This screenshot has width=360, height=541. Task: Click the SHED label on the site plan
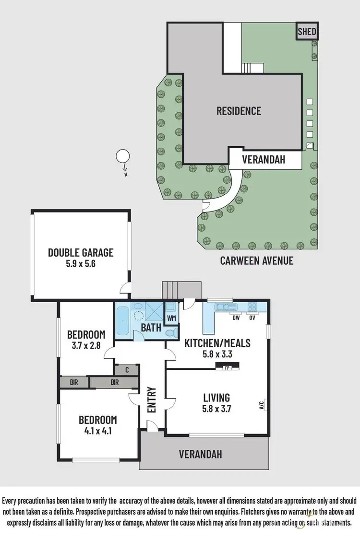click(x=307, y=32)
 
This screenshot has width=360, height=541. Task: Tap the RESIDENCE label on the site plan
click(x=239, y=111)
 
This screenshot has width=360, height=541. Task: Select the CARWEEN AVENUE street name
click(x=256, y=261)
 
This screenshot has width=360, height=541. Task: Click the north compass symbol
click(x=123, y=157)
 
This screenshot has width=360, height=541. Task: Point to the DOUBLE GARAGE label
click(x=81, y=252)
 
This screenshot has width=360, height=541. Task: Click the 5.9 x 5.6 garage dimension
click(x=81, y=263)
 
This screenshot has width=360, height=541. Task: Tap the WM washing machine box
click(x=171, y=318)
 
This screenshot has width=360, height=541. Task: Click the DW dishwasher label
click(x=235, y=317)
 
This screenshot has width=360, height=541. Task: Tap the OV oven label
click(x=252, y=317)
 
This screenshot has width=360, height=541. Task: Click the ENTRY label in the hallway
click(x=152, y=400)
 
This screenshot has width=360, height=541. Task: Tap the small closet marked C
click(x=126, y=370)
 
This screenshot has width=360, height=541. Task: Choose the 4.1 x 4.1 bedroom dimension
click(x=97, y=431)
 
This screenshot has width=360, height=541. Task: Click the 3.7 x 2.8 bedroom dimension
click(x=86, y=345)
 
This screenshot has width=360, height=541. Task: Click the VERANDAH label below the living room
click(x=201, y=453)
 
